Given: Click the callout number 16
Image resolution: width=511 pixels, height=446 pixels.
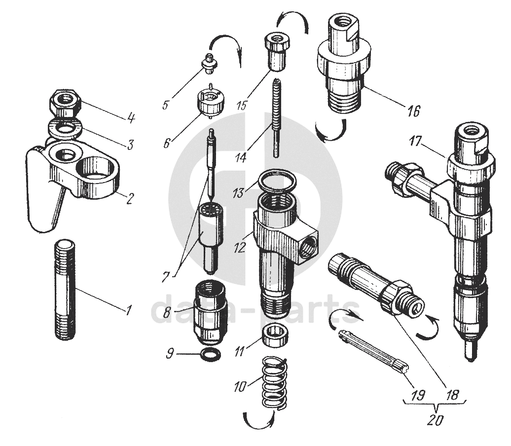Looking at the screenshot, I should [x=413, y=112].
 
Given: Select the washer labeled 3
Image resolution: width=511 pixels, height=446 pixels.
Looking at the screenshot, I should [x=64, y=129].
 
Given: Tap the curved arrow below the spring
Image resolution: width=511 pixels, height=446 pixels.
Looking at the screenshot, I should [x=258, y=420].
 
